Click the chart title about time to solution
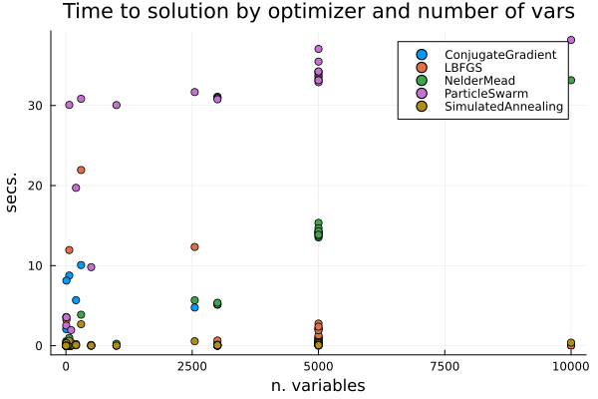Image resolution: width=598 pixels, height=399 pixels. [x=318, y=13]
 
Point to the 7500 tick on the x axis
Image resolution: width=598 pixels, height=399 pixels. [x=445, y=367]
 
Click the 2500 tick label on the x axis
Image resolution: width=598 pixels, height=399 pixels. [x=192, y=367]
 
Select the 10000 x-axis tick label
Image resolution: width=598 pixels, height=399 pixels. [x=571, y=367]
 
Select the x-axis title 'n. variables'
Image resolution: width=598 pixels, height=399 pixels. [x=318, y=386]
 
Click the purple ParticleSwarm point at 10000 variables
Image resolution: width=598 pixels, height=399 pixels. [x=571, y=40]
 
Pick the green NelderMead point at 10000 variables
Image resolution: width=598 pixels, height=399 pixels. [x=571, y=80]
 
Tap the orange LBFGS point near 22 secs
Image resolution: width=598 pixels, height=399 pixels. [x=81, y=170]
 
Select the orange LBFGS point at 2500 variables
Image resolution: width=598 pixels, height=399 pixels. [x=194, y=246]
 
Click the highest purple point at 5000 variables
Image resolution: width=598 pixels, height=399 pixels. [x=318, y=49]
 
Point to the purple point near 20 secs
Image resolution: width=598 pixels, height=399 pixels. [x=76, y=188]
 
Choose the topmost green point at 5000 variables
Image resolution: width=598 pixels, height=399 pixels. [x=318, y=223]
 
